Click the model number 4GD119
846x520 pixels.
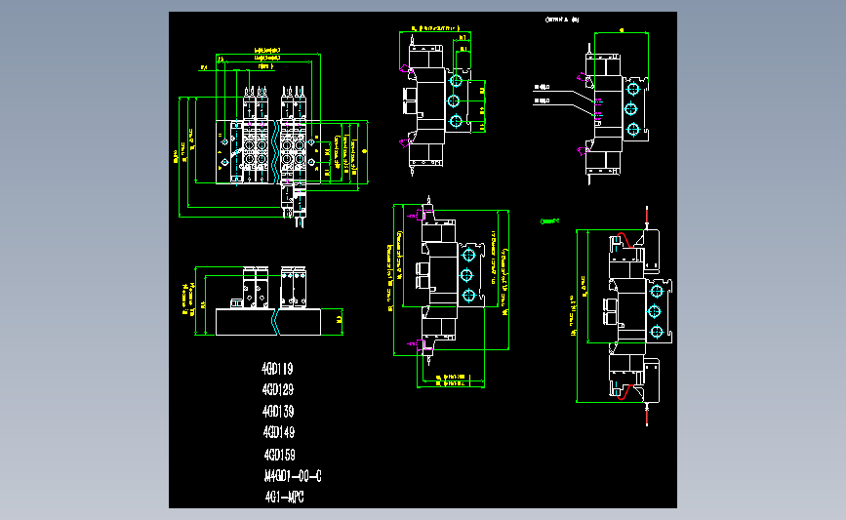[278, 370]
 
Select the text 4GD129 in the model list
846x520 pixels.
[278, 390]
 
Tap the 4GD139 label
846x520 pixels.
[278, 411]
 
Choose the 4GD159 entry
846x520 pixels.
[279, 455]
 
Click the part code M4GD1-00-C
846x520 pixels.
[292, 477]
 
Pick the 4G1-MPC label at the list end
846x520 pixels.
[285, 498]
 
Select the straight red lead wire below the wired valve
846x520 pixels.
[646, 418]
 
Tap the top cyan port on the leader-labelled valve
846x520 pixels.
[633, 86]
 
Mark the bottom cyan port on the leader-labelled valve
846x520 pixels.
[633, 129]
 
